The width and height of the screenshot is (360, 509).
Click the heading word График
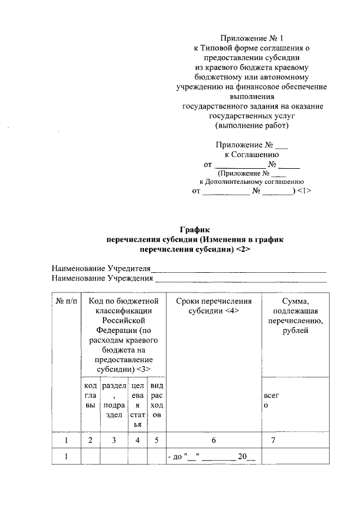click(194, 229)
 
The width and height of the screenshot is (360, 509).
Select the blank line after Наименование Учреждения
click(241, 279)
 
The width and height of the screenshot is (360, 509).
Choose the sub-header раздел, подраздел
click(114, 400)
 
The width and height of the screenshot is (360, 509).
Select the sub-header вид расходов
click(157, 400)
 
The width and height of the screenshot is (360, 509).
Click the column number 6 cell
click(213, 440)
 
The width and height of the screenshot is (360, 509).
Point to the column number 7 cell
click(273, 440)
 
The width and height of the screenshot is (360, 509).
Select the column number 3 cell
click(114, 440)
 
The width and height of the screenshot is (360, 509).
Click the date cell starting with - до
click(212, 457)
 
